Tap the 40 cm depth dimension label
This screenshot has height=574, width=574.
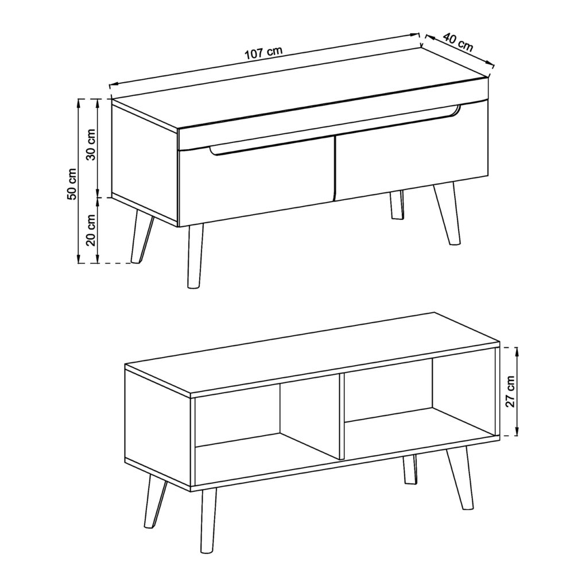(x=458, y=44)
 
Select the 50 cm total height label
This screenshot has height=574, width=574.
(x=72, y=184)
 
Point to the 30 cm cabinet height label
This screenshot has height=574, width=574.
(x=91, y=147)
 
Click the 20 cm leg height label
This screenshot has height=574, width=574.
(x=91, y=230)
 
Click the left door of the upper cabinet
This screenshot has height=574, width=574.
(x=255, y=184)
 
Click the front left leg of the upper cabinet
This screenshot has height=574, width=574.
(x=195, y=255)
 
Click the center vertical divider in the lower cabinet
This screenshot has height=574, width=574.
(x=340, y=416)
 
